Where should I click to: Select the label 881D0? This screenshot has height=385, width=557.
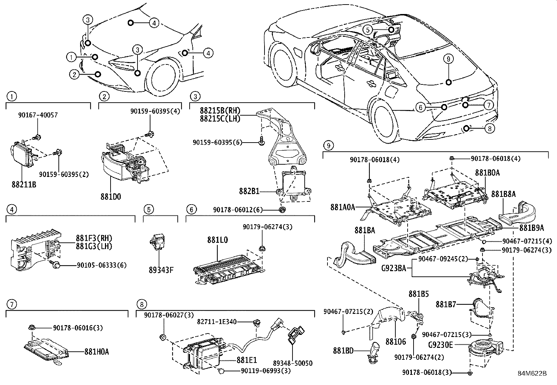pyautogui.click(x=111, y=197)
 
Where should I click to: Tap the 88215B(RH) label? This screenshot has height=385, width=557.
pyautogui.click(x=220, y=111)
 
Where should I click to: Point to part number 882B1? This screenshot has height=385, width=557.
pyautogui.click(x=249, y=191)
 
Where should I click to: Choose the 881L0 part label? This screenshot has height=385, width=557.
pyautogui.click(x=217, y=240)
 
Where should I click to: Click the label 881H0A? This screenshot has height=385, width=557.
pyautogui.click(x=96, y=351)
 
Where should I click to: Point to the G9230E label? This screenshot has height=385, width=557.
pyautogui.click(x=440, y=345)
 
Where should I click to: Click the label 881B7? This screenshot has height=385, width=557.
pyautogui.click(x=446, y=304)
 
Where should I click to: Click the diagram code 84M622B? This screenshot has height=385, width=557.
pyautogui.click(x=532, y=373)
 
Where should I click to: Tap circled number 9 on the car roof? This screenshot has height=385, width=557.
pyautogui.click(x=449, y=59)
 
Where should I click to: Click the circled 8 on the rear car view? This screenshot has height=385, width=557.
pyautogui.click(x=489, y=129)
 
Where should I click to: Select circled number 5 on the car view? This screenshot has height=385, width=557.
pyautogui.click(x=367, y=30)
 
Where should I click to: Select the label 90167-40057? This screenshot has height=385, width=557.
pyautogui.click(x=38, y=115)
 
